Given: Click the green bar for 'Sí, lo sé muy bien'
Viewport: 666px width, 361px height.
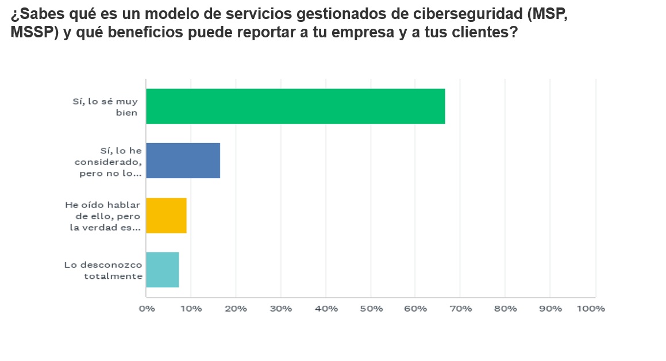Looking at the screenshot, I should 295,106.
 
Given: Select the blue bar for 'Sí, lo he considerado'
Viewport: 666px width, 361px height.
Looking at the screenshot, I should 183,161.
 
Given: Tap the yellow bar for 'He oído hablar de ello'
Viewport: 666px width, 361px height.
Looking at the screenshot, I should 166,216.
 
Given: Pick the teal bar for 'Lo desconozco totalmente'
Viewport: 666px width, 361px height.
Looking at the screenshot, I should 162,270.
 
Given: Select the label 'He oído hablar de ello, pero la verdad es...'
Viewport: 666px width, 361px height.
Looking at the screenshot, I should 103,216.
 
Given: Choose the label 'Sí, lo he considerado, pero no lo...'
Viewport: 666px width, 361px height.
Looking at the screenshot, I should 108,162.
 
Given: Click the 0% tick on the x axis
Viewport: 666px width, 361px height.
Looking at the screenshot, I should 147,309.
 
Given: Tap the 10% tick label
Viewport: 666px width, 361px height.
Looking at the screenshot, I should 191,309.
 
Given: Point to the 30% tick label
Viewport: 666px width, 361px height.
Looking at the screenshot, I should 281,309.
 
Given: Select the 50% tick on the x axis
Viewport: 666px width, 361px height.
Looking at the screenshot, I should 371,309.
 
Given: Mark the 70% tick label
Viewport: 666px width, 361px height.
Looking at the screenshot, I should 460,309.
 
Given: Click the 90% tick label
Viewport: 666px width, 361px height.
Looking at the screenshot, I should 550,309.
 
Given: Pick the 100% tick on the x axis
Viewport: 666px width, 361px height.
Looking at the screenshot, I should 591,309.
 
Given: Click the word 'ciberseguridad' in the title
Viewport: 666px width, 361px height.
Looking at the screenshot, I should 459,16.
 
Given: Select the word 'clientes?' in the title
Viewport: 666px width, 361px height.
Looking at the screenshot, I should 484,33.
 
